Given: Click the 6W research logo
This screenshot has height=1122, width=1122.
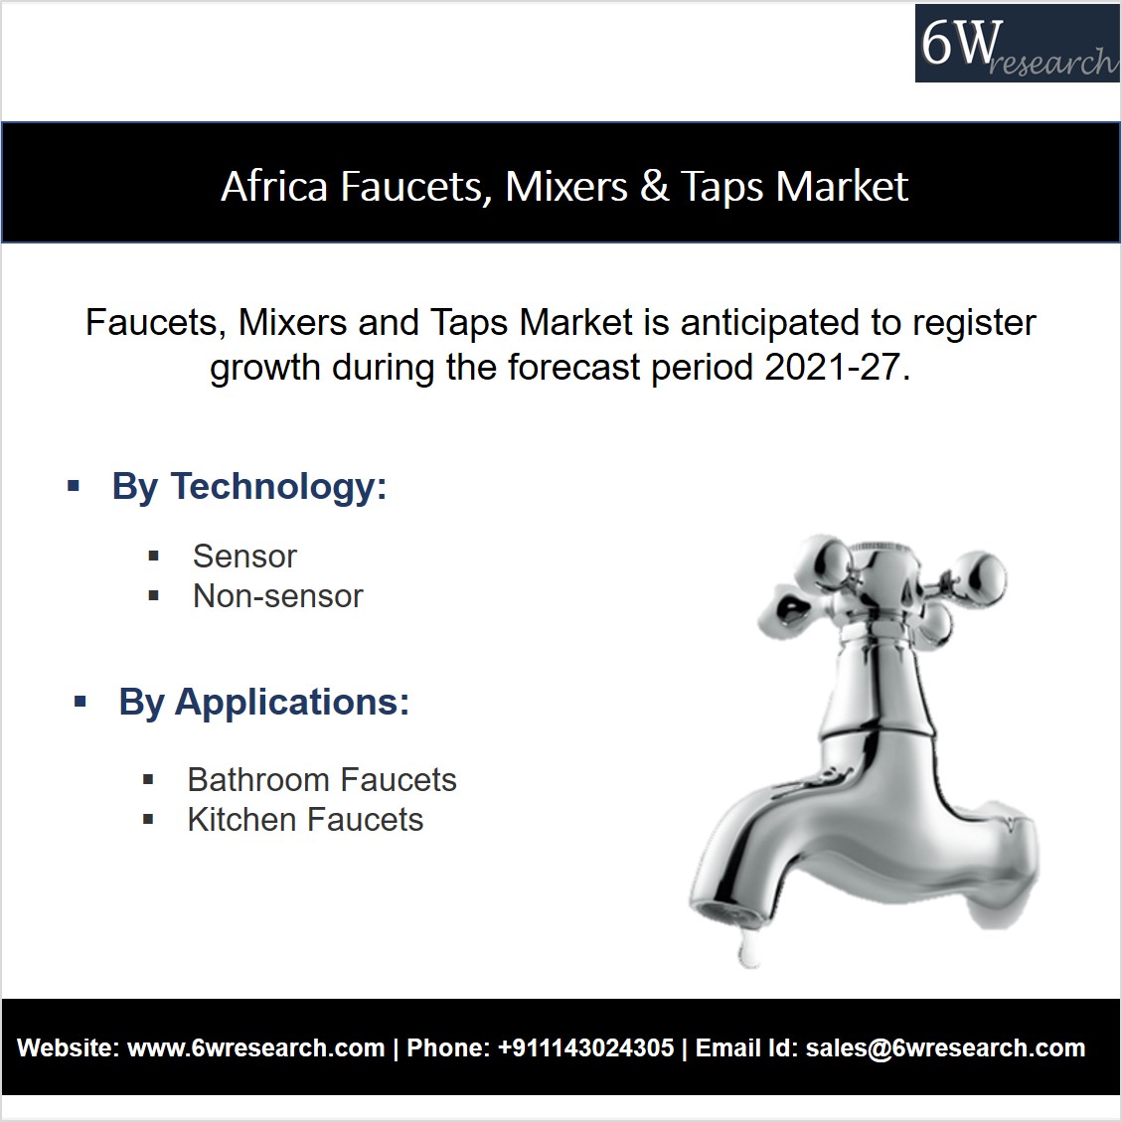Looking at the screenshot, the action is point(1017,43).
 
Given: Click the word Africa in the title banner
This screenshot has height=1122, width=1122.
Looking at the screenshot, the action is point(274,186).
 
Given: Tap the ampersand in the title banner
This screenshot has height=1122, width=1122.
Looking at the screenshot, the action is point(654,186).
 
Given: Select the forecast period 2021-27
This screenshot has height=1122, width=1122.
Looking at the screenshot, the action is point(837,368).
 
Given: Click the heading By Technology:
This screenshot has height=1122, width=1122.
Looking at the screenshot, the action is point(249,487).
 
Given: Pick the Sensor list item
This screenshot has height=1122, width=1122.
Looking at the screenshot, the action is point(244,556).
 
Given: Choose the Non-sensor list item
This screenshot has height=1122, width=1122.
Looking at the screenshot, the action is point(278,596).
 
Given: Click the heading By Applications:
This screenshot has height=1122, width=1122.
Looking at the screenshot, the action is point(264,702).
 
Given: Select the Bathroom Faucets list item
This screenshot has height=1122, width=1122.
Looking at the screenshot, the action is point(322,780).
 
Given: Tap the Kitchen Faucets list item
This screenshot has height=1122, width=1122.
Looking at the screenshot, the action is point(305,820).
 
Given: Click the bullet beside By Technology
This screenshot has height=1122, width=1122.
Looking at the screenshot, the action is point(73,487).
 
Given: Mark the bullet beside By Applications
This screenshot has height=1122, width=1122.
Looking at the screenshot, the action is point(80,702).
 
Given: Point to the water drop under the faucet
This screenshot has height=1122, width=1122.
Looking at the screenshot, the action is point(748,949).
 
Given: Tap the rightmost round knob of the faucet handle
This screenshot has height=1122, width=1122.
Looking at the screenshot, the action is point(982,576).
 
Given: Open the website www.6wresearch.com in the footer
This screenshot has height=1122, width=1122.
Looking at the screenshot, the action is point(256,1048).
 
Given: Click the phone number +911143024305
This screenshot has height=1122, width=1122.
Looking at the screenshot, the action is point(586,1048).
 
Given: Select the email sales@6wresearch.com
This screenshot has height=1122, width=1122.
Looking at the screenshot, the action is point(945,1048).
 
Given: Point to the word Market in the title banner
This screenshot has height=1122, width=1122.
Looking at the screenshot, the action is point(842,186).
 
